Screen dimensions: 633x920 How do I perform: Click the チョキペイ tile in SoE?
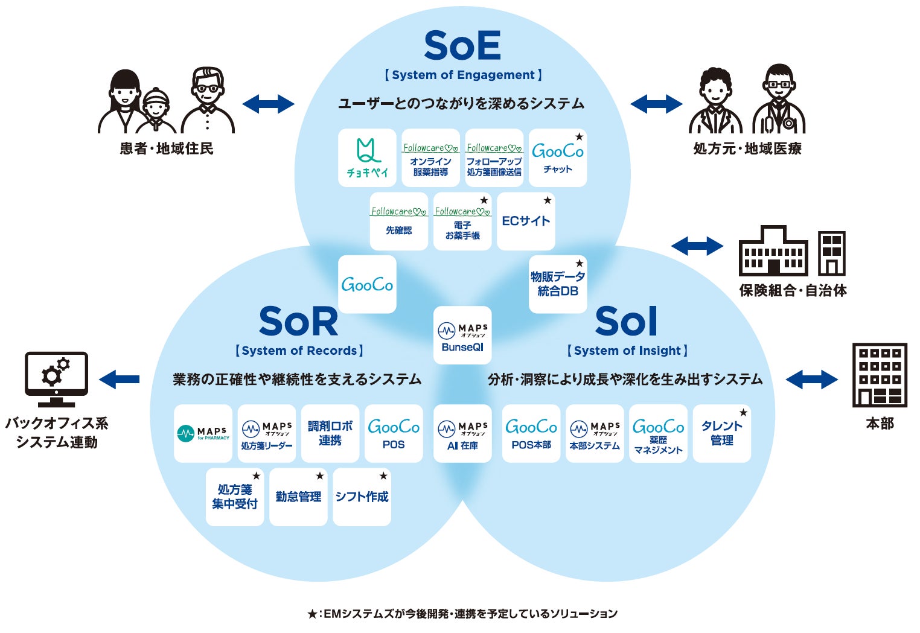[x=367, y=157]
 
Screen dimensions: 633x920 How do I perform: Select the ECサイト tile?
[x=526, y=221]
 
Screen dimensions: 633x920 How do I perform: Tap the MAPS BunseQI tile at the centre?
[x=462, y=336]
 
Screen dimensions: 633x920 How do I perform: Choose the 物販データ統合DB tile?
[x=558, y=284]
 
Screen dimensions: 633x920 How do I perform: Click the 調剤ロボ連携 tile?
[x=330, y=433]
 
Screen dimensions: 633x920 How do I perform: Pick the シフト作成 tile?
[x=362, y=497]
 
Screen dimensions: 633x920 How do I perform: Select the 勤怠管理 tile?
[x=298, y=497]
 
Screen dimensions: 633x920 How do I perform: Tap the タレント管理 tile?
[x=722, y=433]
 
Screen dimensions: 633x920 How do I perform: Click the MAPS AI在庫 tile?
[x=462, y=433]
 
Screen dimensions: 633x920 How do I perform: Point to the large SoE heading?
[x=462, y=46]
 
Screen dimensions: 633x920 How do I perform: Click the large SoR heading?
[x=298, y=322]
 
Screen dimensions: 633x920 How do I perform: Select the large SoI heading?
[x=625, y=322]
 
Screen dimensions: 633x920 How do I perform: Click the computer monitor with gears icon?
[x=56, y=379]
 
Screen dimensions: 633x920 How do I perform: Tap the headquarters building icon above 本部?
[x=880, y=375]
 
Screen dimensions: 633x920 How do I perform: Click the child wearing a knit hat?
[x=156, y=110]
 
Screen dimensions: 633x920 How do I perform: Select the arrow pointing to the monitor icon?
[x=119, y=380]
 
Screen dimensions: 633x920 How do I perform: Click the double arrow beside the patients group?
[x=268, y=104]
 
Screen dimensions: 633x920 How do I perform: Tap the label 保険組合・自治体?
[x=793, y=291]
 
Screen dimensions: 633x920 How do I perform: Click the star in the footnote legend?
[x=311, y=614]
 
